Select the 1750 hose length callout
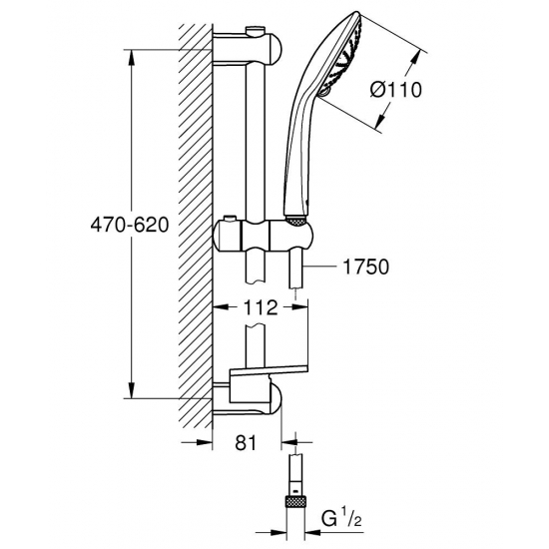point(363,267)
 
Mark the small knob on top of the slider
point(233,220)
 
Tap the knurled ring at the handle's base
point(295,219)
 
